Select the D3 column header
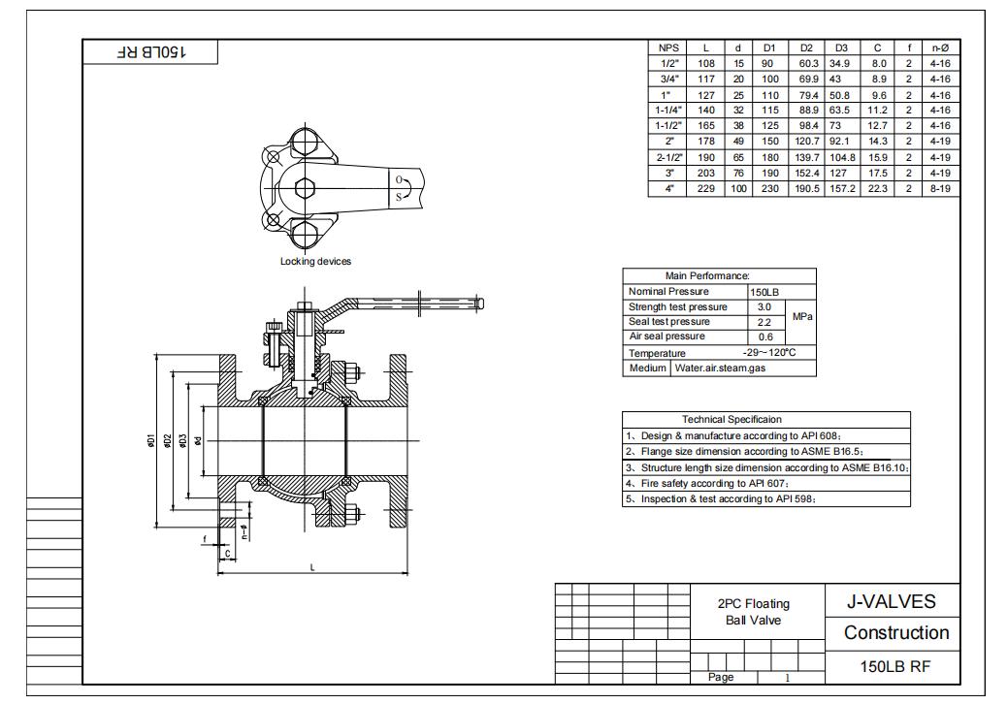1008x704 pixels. (x=840, y=48)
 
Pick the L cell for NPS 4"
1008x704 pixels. (x=706, y=189)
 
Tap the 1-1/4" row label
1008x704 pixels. (x=668, y=111)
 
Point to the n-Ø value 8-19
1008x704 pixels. (x=940, y=189)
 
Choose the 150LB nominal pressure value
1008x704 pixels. (x=765, y=292)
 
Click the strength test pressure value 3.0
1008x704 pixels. (x=765, y=306)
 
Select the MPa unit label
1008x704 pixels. (x=802, y=316)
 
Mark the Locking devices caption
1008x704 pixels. (x=315, y=262)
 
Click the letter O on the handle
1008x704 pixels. (x=398, y=179)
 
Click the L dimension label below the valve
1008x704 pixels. (x=311, y=567)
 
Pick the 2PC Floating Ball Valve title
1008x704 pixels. (x=753, y=612)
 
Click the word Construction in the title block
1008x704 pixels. (x=895, y=633)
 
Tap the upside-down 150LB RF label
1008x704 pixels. (x=150, y=51)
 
